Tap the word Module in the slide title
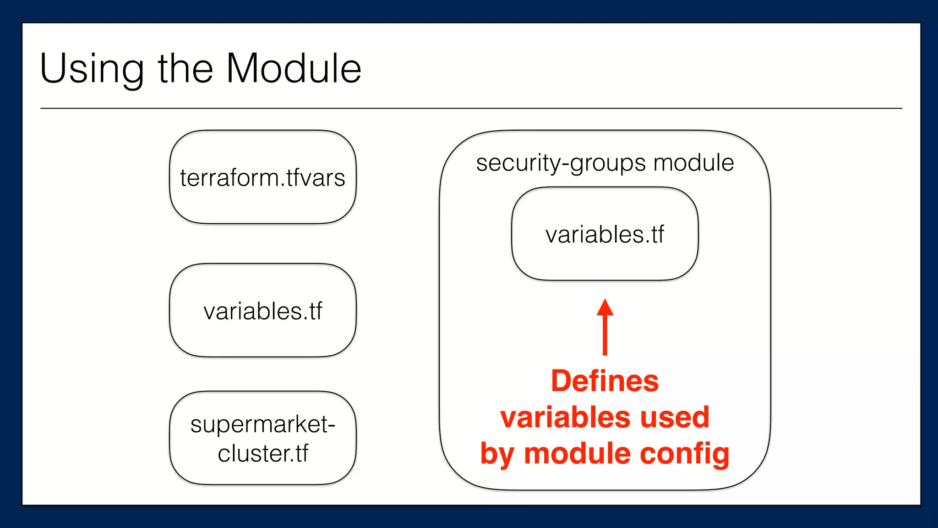(x=294, y=69)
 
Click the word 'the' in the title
(x=185, y=69)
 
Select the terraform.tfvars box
(x=262, y=177)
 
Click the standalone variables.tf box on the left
(x=262, y=311)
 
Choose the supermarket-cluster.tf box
(x=262, y=438)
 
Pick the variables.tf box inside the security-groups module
(x=605, y=234)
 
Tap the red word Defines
(x=605, y=381)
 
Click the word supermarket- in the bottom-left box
(x=262, y=424)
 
